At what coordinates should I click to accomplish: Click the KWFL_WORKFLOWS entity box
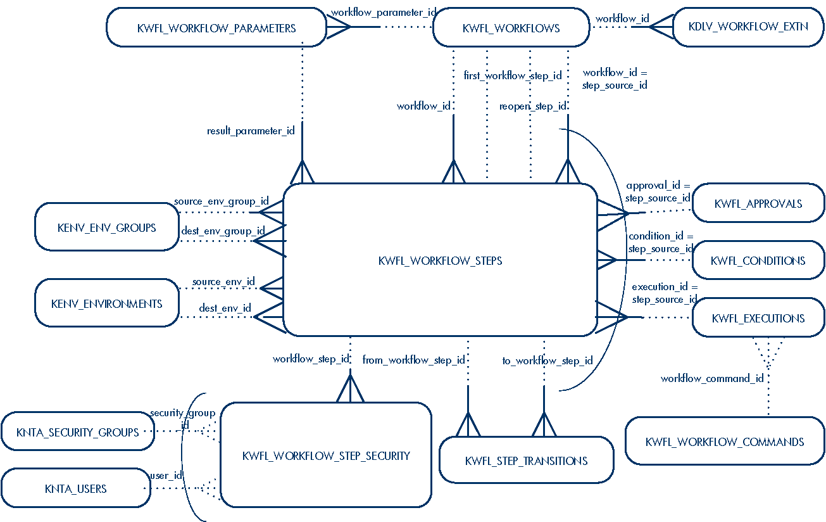pyautogui.click(x=511, y=28)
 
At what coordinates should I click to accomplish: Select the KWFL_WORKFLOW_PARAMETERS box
pyautogui.click(x=216, y=28)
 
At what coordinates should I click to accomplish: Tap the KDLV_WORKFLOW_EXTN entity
pyautogui.click(x=748, y=27)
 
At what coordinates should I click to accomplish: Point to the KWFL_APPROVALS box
pyautogui.click(x=758, y=204)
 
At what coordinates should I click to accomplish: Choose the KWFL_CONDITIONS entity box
pyautogui.click(x=758, y=260)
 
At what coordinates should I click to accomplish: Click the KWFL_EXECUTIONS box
pyautogui.click(x=758, y=319)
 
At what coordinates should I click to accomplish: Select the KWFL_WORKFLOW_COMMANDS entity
pyautogui.click(x=725, y=442)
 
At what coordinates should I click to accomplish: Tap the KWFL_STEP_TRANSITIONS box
pyautogui.click(x=526, y=461)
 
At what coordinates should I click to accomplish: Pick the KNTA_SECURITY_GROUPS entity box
pyautogui.click(x=78, y=433)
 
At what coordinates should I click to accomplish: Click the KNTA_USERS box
pyautogui.click(x=75, y=488)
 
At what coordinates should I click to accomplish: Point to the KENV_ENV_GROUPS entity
pyautogui.click(x=106, y=227)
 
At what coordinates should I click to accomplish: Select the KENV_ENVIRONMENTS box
pyautogui.click(x=106, y=303)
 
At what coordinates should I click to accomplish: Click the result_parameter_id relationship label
pyautogui.click(x=251, y=131)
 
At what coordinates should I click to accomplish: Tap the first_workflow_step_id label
pyautogui.click(x=513, y=75)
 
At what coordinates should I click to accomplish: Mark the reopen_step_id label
pyautogui.click(x=532, y=106)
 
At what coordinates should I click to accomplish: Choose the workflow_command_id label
pyautogui.click(x=712, y=379)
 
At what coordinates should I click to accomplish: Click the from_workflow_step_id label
pyautogui.click(x=413, y=360)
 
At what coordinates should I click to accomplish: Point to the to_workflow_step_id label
pyautogui.click(x=548, y=360)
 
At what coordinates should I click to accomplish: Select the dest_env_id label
pyautogui.click(x=225, y=309)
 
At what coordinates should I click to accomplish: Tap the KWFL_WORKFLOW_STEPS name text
pyautogui.click(x=440, y=260)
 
